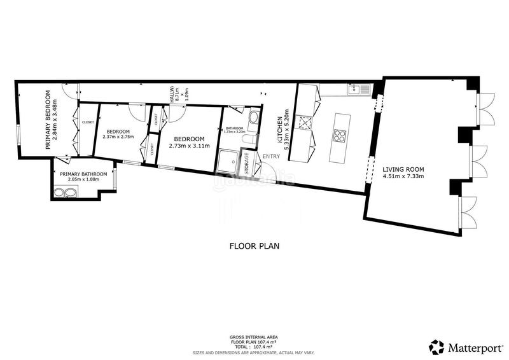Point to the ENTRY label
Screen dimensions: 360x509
click(270, 156)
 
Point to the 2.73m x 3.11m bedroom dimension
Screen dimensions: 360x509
click(188, 146)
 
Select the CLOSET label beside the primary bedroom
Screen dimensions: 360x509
click(88, 122)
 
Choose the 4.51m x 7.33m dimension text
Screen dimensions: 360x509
click(403, 177)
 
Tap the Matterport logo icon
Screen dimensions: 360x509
click(436, 347)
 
